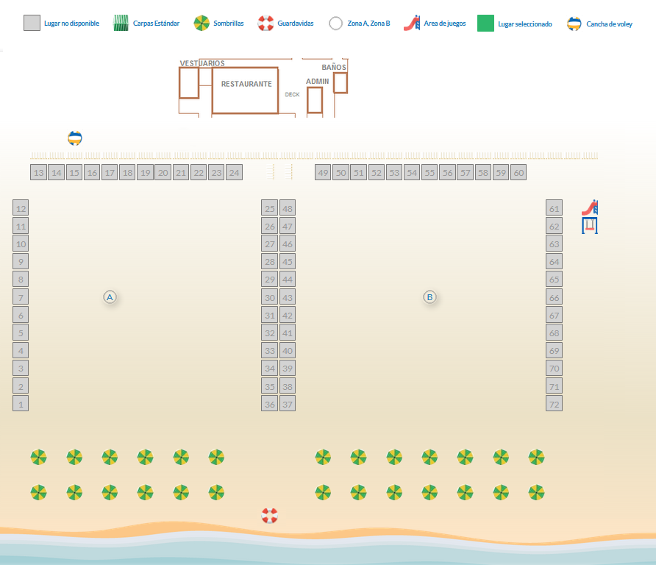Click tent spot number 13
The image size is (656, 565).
pyautogui.click(x=39, y=173)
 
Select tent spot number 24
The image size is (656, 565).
pyautogui.click(x=234, y=173)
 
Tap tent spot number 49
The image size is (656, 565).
pyautogui.click(x=323, y=173)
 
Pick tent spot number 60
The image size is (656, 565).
pyautogui.click(x=518, y=173)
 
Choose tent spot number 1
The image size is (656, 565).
pyautogui.click(x=21, y=403)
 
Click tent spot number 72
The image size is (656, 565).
pyautogui.click(x=554, y=403)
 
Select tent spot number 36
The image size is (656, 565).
pyautogui.click(x=270, y=404)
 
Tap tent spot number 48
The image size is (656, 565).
pyautogui.click(x=288, y=208)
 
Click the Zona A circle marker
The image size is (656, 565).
pyautogui.click(x=110, y=297)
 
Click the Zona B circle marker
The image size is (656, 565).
pyautogui.click(x=429, y=297)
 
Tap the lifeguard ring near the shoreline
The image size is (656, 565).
pyautogui.click(x=270, y=516)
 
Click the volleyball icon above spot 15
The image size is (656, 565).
pyautogui.click(x=75, y=138)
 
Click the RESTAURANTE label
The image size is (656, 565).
pyautogui.click(x=246, y=84)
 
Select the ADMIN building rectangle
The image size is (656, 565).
pyautogui.click(x=315, y=100)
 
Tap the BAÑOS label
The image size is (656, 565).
pyautogui.click(x=334, y=68)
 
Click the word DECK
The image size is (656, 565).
pyautogui.click(x=292, y=94)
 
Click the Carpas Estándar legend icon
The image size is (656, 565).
pyautogui.click(x=121, y=24)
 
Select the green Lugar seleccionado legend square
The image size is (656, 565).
pyautogui.click(x=485, y=24)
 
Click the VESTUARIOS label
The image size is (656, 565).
pyautogui.click(x=202, y=63)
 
